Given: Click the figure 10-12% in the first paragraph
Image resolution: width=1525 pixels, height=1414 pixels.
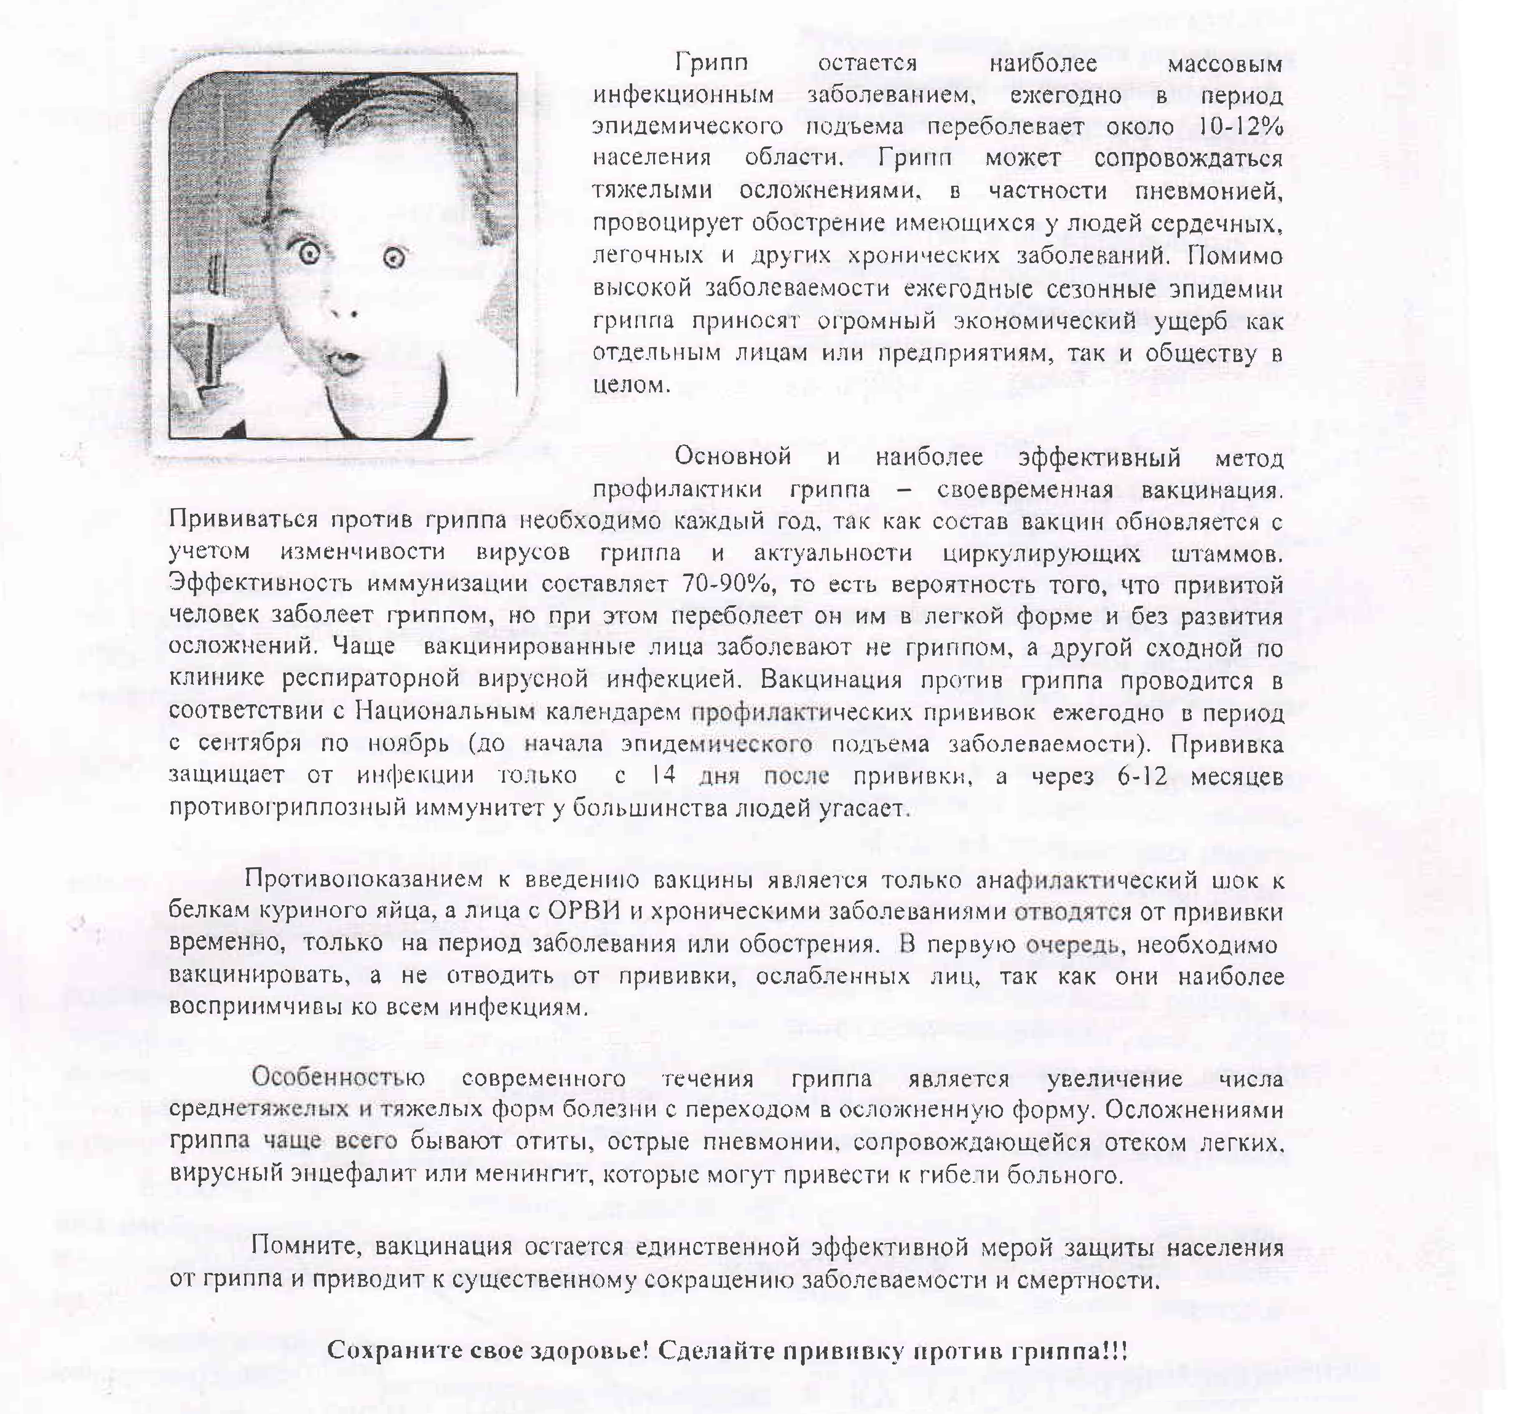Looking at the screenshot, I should click(1239, 126).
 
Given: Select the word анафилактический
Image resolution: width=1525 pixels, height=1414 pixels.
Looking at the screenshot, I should click(1087, 880).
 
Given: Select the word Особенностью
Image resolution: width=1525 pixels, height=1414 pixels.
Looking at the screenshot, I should click(338, 1078).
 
